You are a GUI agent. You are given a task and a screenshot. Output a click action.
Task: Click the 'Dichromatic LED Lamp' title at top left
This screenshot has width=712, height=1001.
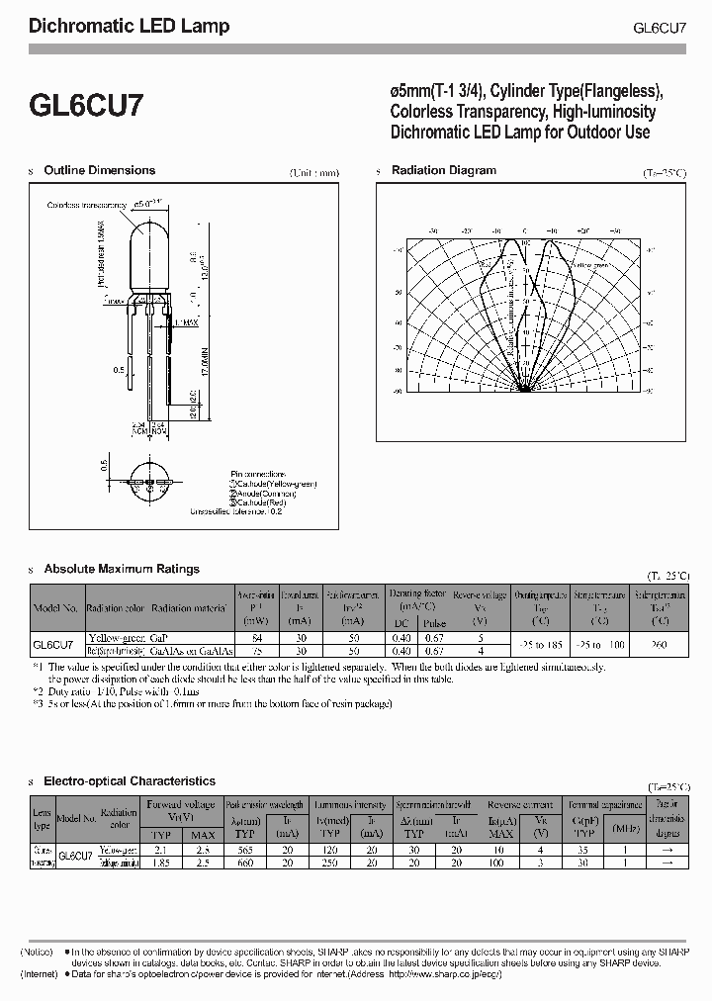point(130,26)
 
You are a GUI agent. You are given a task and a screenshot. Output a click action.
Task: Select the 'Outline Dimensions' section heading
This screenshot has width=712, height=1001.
point(99,171)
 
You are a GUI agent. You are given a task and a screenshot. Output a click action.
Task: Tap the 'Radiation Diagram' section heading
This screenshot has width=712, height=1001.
point(443,170)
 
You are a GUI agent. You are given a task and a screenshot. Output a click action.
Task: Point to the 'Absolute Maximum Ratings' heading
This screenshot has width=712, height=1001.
point(121,569)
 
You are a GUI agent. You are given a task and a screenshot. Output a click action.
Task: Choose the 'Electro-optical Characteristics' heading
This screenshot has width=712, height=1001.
point(130,781)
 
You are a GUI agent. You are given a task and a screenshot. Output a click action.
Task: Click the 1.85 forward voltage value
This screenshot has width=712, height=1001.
point(159,863)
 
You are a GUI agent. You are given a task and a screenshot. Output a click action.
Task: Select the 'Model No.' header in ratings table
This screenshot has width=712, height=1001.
point(55,608)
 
